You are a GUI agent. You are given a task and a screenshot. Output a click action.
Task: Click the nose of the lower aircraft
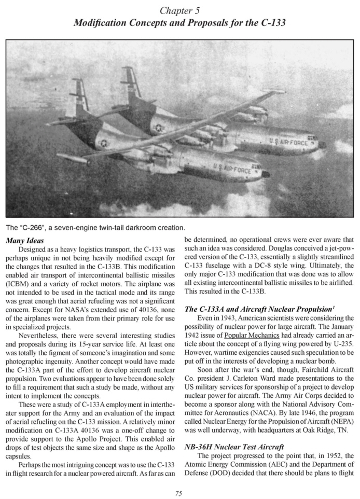pos(266,174)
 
